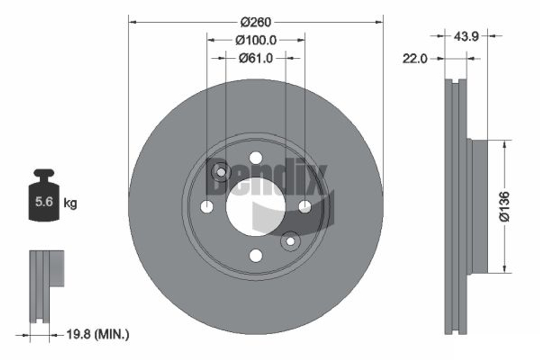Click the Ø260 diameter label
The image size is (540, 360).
[x=255, y=22]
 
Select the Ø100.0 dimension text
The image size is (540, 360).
[x=256, y=40]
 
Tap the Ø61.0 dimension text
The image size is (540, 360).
[x=255, y=58]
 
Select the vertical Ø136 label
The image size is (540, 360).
[x=504, y=206]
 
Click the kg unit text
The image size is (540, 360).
[x=70, y=203]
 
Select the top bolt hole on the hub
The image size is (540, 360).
[x=255, y=157]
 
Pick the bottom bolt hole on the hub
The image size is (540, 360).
[x=255, y=255]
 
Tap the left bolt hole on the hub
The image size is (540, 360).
[x=206, y=206]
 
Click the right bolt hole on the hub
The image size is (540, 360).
[x=305, y=206]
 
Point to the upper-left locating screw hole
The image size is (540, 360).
[x=221, y=172]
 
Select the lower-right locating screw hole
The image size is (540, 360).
[x=290, y=241]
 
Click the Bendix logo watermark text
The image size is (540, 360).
[x=267, y=178]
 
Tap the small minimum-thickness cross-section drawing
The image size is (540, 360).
[x=45, y=286]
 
